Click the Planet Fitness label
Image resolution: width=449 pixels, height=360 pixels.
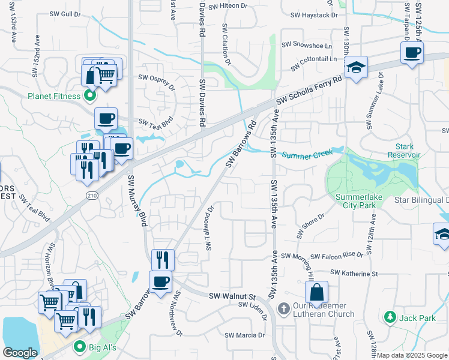pos(52,95)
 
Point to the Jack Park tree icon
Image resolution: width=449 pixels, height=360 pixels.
pos(390,317)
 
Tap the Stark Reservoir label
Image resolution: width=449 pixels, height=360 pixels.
pos(408,151)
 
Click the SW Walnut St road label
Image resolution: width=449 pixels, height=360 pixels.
pos(232,296)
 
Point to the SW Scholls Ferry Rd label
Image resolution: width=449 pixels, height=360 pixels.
pos(309,92)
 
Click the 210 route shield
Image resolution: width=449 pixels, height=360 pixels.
pos(92,196)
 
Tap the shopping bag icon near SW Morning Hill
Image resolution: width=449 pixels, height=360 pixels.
pos(316,292)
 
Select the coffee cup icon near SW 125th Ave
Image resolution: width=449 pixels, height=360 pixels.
pos(412,52)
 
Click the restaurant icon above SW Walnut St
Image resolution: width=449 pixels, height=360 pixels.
pos(163,260)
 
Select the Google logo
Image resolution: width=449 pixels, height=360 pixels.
pos(20,353)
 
